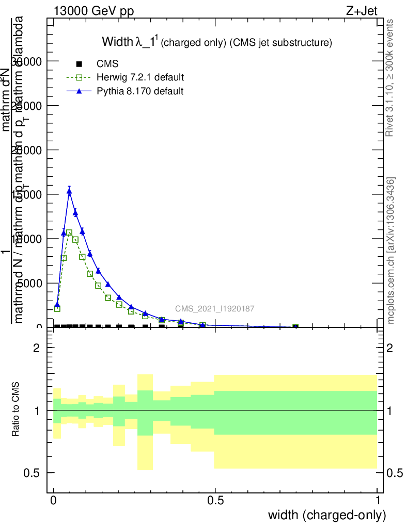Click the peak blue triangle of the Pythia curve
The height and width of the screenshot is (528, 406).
pos(69,191)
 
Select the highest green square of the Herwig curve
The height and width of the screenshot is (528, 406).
pos(69,233)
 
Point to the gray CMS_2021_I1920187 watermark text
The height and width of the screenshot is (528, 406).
pos(214,309)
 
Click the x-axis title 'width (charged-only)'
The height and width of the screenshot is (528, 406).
pos(327,515)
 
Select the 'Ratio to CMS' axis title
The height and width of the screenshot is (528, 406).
pos(17,410)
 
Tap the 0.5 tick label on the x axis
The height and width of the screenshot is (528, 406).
pos(215,500)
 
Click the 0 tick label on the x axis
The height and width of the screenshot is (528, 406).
pos(54,500)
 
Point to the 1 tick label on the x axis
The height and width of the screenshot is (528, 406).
pos(378,500)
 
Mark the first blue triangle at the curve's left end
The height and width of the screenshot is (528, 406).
pos(57,304)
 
